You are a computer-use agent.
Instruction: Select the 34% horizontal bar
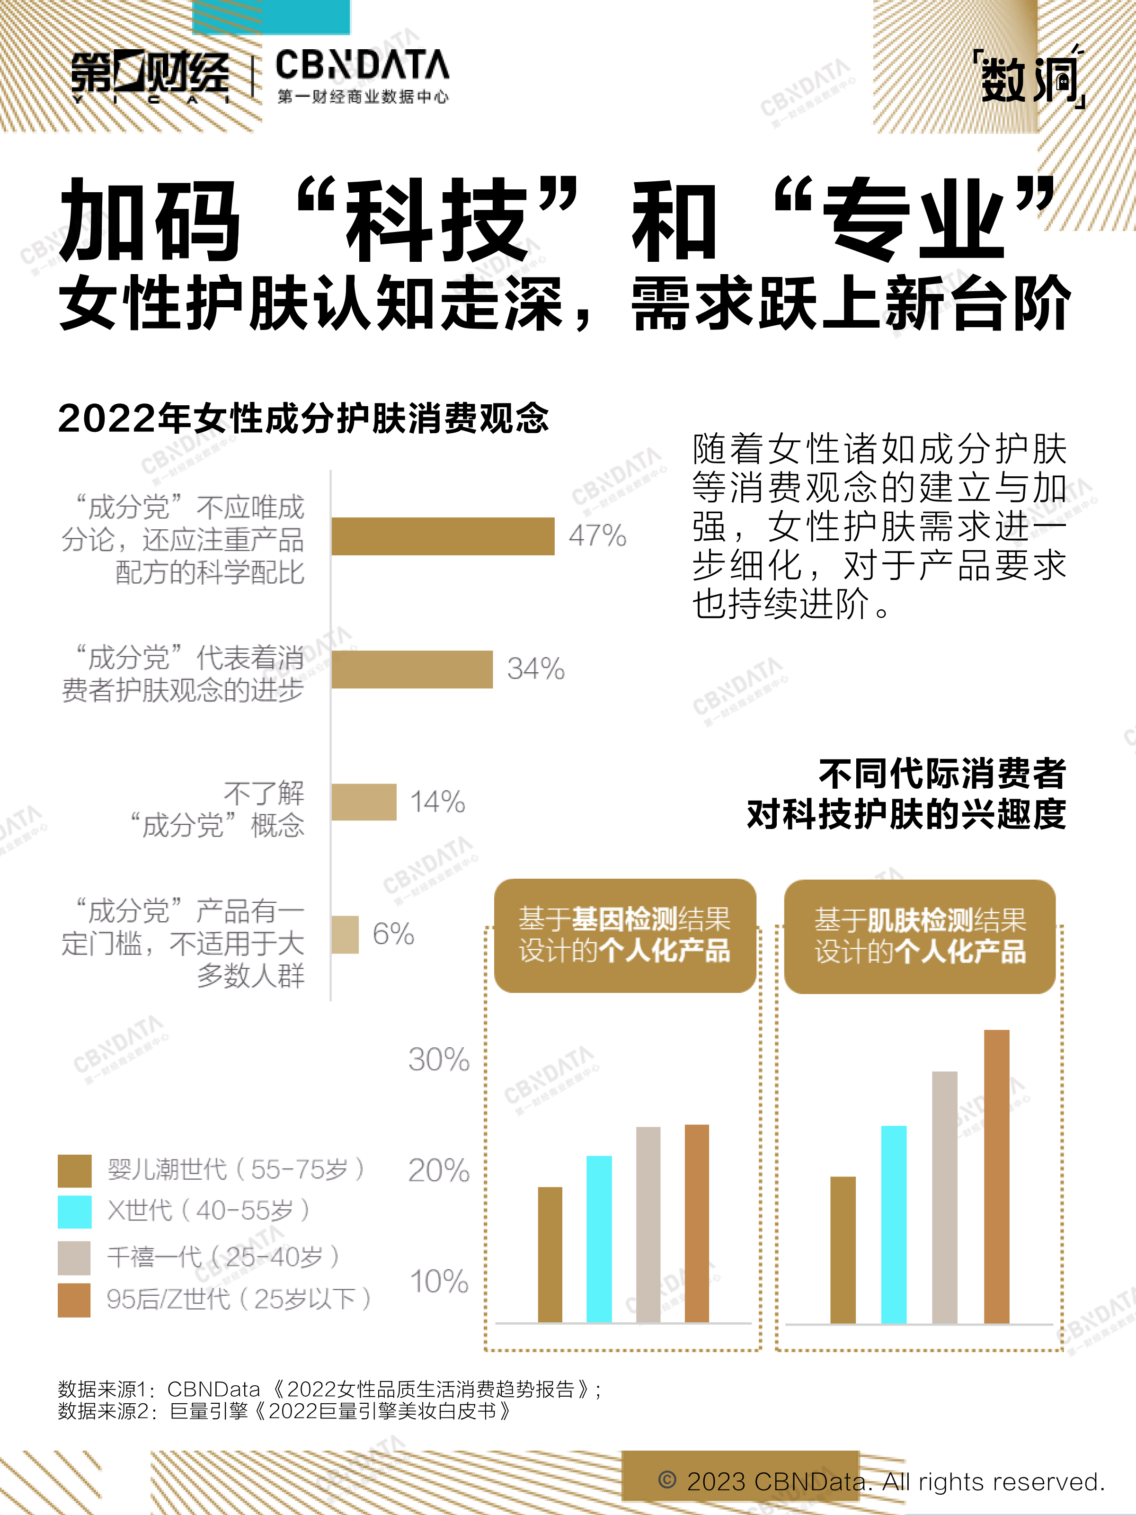coord(411,669)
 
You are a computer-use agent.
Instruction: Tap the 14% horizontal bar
coord(364,802)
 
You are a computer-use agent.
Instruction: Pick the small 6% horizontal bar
coord(345,934)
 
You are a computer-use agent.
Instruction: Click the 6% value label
coord(393,934)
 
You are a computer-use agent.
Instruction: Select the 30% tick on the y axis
coord(439,1060)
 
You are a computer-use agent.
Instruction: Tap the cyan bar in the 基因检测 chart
coord(599,1239)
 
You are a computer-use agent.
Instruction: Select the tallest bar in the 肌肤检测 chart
coord(996,1176)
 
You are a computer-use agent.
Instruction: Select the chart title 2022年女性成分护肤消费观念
coord(303,418)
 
